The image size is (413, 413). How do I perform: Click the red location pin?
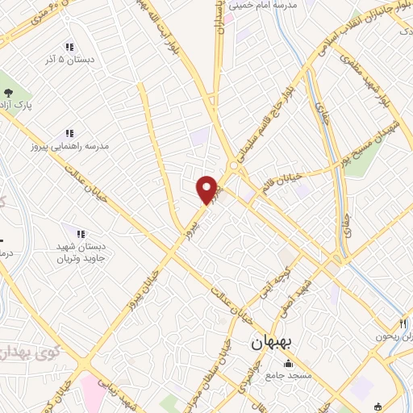tap(207, 189)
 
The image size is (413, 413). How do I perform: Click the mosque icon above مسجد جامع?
tap(289, 362)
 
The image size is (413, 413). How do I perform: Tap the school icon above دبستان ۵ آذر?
tap(69, 47)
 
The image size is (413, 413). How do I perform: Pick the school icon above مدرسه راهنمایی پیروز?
tap(69, 133)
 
